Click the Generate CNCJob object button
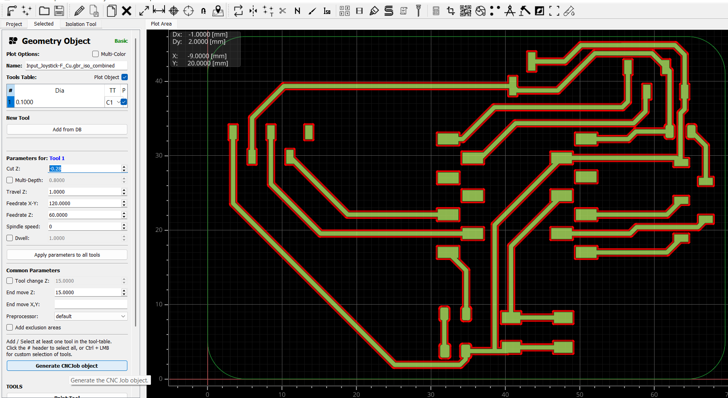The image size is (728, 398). coord(67,366)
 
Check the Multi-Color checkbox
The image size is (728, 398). coord(95,54)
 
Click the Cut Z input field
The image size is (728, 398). coord(85,168)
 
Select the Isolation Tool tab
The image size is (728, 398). coord(81,24)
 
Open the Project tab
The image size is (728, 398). coord(14,24)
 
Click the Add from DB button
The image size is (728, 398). coord(67,129)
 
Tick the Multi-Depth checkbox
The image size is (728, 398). coord(10,180)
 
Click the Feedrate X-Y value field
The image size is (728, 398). coord(85,203)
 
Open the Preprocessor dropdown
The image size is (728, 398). coord(91,316)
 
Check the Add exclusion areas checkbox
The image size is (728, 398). coord(10,327)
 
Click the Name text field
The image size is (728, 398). coord(76,65)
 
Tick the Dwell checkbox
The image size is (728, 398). coord(10,238)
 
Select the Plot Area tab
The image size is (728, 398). coord(161,24)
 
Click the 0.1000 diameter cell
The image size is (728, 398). coord(60,102)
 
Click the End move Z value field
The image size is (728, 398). coord(88,292)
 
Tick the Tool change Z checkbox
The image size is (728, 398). coord(10,281)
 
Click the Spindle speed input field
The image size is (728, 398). coord(85,226)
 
